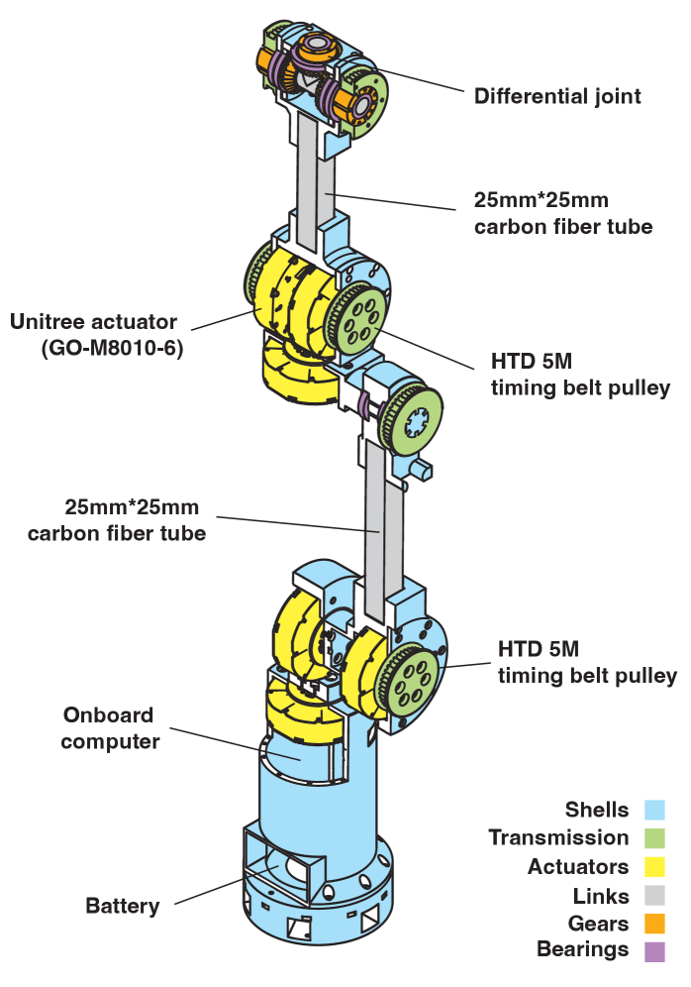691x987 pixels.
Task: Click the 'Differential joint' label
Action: coord(557,96)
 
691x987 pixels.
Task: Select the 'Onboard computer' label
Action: coord(109,727)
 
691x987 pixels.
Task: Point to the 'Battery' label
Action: coord(123,906)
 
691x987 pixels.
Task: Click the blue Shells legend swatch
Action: coord(653,811)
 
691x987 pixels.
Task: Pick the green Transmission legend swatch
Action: coord(653,838)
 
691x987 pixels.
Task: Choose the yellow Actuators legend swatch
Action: coord(653,867)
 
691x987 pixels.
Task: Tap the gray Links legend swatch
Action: coord(653,896)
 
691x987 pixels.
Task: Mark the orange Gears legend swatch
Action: coord(653,924)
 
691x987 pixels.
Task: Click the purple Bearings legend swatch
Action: coord(653,951)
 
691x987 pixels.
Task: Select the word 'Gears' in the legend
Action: coord(598,924)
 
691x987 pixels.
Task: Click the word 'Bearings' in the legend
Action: coord(583,949)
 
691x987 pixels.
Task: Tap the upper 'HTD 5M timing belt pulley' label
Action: coord(579,373)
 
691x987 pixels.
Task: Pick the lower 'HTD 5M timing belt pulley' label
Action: coord(586,662)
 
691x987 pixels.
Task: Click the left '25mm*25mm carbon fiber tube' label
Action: coord(118,519)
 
